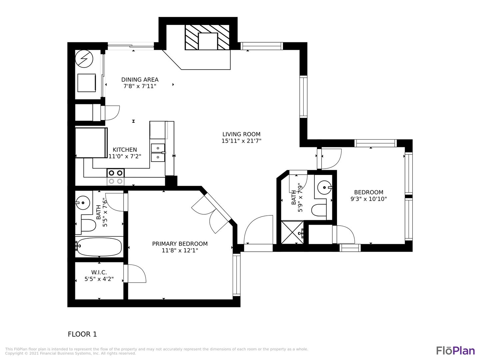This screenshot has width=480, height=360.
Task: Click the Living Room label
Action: [241, 134]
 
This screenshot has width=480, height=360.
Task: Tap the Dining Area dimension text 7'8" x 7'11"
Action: [140, 86]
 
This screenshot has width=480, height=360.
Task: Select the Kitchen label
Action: [125, 150]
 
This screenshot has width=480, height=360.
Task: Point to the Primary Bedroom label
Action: [180, 244]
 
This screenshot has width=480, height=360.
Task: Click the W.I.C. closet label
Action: [99, 272]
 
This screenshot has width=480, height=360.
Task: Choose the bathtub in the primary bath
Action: [99, 247]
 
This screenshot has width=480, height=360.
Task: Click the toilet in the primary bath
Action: [88, 225]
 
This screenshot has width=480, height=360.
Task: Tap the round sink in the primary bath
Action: [83, 203]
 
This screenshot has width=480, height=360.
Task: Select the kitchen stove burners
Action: [115, 177]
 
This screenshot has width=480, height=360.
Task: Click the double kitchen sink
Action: [158, 153]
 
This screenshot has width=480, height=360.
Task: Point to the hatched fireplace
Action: [207, 37]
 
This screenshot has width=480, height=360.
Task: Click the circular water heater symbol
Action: [84, 59]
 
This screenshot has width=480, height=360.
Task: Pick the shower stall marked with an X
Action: [292, 232]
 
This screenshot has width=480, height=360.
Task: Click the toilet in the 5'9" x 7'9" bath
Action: [319, 210]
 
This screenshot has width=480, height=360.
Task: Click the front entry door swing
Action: [258, 230]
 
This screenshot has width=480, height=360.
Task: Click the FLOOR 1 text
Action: [82, 334]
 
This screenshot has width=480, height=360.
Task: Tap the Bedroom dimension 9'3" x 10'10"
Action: [369, 199]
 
